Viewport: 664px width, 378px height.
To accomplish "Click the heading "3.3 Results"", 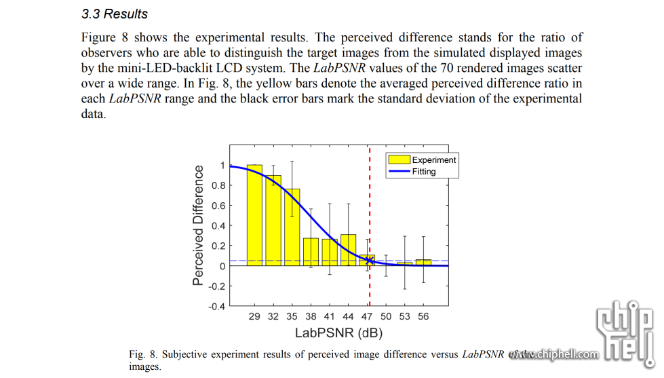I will click(114, 14).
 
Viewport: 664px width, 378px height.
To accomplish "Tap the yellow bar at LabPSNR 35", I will click(292, 227).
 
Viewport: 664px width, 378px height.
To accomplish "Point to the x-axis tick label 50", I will click(386, 317).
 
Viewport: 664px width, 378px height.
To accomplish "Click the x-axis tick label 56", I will click(423, 317).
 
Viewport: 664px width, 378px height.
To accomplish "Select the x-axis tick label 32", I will click(273, 317).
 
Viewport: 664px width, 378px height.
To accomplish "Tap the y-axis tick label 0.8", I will click(218, 185).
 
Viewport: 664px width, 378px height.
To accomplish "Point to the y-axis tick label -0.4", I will click(216, 306).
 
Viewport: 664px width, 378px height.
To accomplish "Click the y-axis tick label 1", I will click(222, 165).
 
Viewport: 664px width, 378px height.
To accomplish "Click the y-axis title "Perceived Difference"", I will click(198, 225).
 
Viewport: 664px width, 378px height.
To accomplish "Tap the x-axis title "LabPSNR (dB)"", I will click(338, 333).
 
